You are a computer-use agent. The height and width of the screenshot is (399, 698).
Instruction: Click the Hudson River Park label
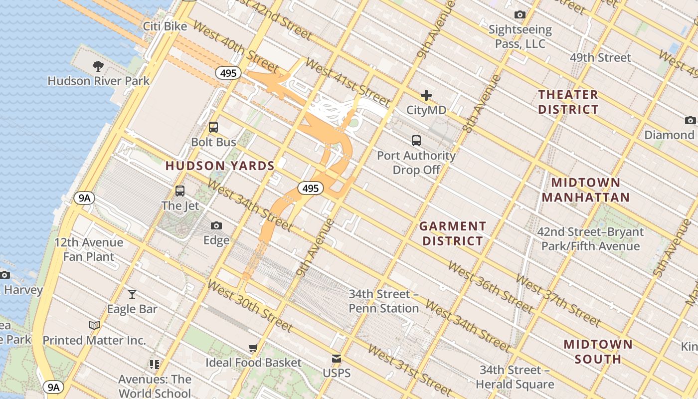coord(98,81)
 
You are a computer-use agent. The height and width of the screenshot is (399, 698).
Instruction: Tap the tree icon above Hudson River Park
coord(98,66)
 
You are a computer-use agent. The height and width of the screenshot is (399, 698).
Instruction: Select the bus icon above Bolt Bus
coord(213,127)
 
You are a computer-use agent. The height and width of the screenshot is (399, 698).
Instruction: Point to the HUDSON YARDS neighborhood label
coord(220,166)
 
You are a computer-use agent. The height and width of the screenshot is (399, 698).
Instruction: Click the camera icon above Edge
coord(216,226)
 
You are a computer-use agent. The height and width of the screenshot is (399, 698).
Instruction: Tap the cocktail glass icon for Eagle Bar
coord(132,294)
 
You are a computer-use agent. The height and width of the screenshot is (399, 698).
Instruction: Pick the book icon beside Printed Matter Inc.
coord(94,326)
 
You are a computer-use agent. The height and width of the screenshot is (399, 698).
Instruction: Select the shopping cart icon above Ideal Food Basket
coord(253,348)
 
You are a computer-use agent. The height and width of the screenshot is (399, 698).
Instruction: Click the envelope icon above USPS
coord(337,359)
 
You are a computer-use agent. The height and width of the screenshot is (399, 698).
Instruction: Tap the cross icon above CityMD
coord(426,95)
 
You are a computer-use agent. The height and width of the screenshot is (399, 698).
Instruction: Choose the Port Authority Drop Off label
coord(416,163)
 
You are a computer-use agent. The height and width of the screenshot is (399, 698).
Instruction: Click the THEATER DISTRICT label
coord(568,102)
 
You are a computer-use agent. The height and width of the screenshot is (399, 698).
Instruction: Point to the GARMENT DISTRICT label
coord(452,233)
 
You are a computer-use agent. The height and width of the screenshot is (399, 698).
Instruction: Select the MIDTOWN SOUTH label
coord(598,352)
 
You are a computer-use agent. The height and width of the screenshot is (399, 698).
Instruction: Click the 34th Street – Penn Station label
coord(383,301)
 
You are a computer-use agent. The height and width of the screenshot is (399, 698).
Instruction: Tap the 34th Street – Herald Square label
coord(515,377)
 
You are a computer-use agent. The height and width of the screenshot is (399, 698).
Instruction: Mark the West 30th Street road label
coord(249,306)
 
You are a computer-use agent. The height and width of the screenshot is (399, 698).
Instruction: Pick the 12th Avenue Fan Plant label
coord(89,249)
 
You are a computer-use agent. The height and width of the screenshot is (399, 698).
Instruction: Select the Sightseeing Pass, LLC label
coord(520,37)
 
